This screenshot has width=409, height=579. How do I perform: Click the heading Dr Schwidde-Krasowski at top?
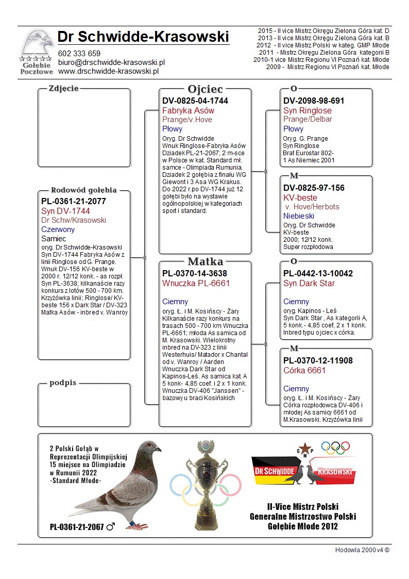click(143, 37)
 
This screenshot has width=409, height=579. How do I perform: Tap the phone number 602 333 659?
click(79, 54)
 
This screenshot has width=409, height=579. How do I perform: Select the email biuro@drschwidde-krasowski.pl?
click(111, 62)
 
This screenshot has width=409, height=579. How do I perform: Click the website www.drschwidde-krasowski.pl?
click(108, 71)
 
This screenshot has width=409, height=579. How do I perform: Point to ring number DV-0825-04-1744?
click(195, 101)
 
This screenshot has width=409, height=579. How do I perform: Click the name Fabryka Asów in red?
click(188, 111)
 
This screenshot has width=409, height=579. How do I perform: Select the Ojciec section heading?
click(205, 89)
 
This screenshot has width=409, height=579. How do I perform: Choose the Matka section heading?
click(205, 261)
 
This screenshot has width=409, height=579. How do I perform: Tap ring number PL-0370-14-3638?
click(195, 273)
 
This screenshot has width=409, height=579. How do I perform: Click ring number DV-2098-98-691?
click(314, 101)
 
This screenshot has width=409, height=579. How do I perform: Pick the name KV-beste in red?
click(300, 198)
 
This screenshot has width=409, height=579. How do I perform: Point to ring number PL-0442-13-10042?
click(318, 273)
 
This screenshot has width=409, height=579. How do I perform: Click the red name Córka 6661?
click(304, 371)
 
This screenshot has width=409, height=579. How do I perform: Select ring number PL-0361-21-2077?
click(74, 201)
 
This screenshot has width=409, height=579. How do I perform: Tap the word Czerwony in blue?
click(58, 229)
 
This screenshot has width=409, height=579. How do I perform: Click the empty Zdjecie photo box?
click(84, 129)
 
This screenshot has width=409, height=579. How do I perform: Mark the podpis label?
click(63, 383)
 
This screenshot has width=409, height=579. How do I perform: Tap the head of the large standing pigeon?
click(152, 446)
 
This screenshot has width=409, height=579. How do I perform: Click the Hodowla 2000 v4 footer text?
click(362, 550)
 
